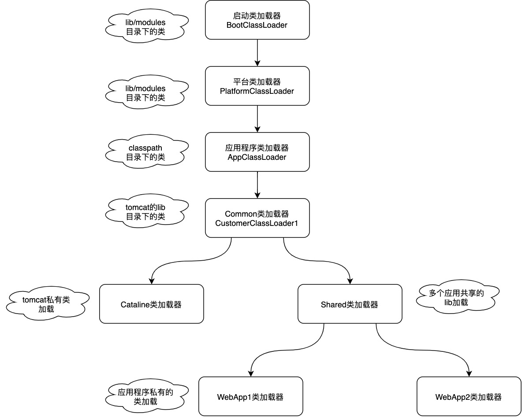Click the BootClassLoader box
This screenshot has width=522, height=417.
tap(257, 20)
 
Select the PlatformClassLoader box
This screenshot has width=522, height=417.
tap(257, 86)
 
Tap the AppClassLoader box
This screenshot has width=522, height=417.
tap(257, 152)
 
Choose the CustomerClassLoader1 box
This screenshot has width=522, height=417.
tap(257, 218)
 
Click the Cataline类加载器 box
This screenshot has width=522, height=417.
tap(151, 304)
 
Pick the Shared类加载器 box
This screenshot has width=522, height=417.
tap(350, 304)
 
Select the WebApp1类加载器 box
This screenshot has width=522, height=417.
tap(250, 396)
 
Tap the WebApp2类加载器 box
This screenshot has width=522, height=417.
tap(468, 396)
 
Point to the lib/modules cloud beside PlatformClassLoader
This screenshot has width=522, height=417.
tap(145, 92)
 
